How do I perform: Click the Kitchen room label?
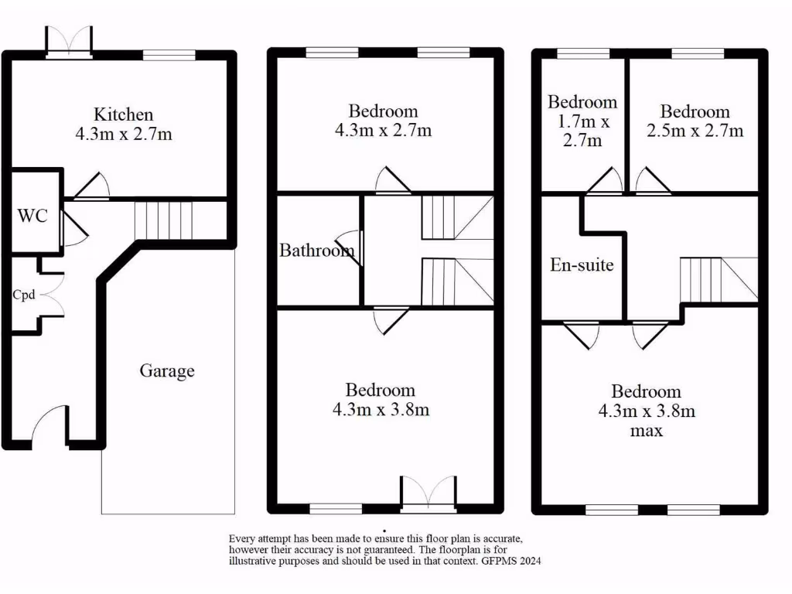click(x=124, y=114)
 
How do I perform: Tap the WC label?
click(x=32, y=215)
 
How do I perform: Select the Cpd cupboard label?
click(x=23, y=295)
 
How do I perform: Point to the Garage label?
click(x=166, y=371)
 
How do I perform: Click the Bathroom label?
click(x=316, y=251)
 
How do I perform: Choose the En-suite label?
click(x=582, y=265)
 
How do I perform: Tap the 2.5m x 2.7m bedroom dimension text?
click(x=695, y=131)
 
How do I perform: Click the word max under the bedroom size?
click(x=646, y=431)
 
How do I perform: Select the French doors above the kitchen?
click(x=69, y=40)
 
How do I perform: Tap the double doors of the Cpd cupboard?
click(x=52, y=295)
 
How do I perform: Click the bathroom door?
click(x=351, y=248)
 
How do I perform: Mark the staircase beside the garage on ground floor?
click(x=162, y=219)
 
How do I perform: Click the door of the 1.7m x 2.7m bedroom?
click(x=606, y=182)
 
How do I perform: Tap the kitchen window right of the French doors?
click(x=169, y=54)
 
